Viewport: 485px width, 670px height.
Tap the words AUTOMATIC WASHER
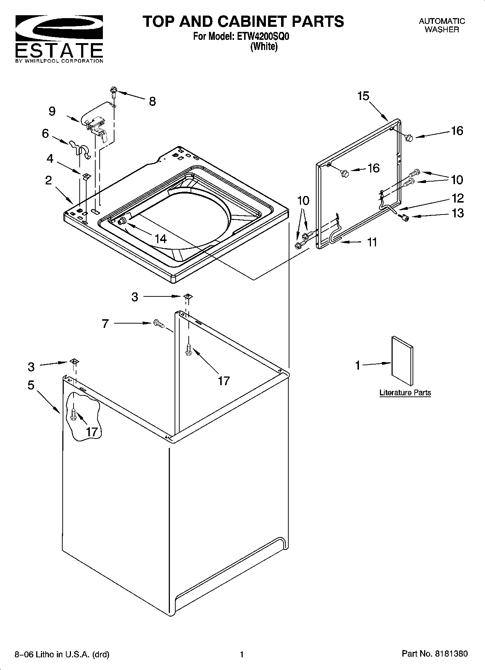point(442,25)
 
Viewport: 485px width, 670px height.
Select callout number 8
point(152,101)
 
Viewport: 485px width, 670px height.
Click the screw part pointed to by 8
point(114,91)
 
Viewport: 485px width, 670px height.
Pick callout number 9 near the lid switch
point(52,111)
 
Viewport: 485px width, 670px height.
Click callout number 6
point(45,133)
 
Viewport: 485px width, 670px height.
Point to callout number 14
point(160,238)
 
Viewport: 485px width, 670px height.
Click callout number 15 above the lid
point(363,96)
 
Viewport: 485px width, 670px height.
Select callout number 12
point(458,198)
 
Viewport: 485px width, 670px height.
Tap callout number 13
point(458,213)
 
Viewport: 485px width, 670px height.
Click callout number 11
point(372,242)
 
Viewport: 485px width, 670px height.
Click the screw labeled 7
point(158,323)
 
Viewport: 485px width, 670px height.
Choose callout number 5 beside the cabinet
point(31,385)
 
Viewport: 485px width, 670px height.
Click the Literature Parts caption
point(405,392)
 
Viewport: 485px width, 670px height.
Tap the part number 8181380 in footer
point(451,654)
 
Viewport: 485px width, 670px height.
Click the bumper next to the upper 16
point(409,137)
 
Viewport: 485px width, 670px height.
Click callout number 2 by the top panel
point(49,180)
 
